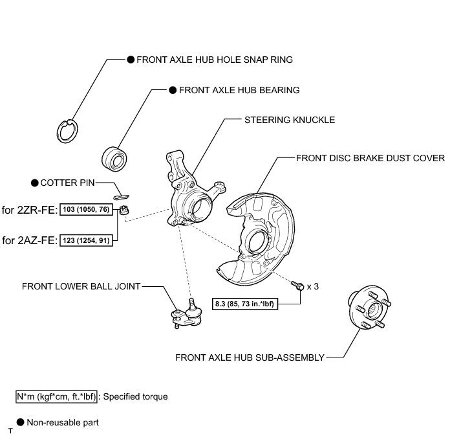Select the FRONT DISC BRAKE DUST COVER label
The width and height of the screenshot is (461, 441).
[370, 157]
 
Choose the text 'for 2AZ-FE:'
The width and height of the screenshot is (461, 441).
[29, 241]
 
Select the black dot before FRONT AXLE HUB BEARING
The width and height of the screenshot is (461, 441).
[172, 91]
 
